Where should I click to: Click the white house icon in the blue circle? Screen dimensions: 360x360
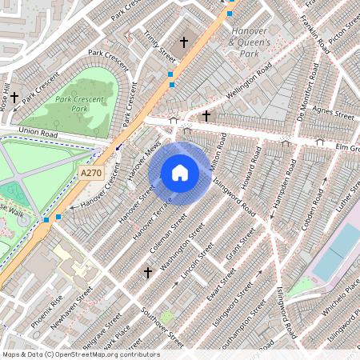coord(180,172)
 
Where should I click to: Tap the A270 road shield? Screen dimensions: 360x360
coord(91,172)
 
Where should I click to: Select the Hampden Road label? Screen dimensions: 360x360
coord(278,191)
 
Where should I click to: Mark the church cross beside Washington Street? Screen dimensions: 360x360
coord(147,273)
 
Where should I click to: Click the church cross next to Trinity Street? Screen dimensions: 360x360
coord(184,42)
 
